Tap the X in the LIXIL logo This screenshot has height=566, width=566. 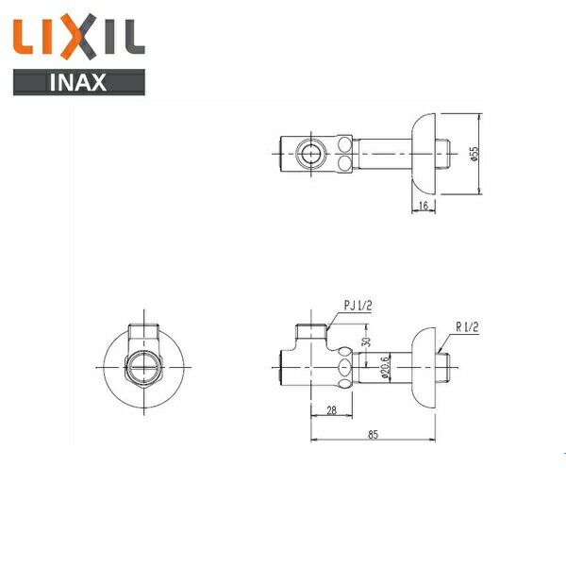[78, 36]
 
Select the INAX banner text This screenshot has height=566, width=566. [78, 82]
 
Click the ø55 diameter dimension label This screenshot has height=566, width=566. [475, 154]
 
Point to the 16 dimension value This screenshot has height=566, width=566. [424, 206]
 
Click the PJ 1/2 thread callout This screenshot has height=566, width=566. [358, 306]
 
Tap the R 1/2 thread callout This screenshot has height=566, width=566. [467, 327]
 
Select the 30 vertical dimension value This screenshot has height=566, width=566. [366, 341]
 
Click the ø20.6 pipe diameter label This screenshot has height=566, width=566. [385, 368]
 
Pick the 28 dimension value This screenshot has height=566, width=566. [331, 410]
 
